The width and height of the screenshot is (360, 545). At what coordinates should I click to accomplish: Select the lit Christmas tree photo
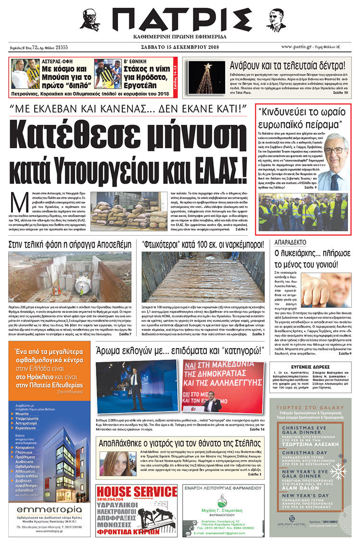coord(207,77)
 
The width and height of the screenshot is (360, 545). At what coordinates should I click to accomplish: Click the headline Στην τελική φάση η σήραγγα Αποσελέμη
coord(70,244)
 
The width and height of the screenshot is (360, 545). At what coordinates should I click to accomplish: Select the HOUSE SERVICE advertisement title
coord(136,492)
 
